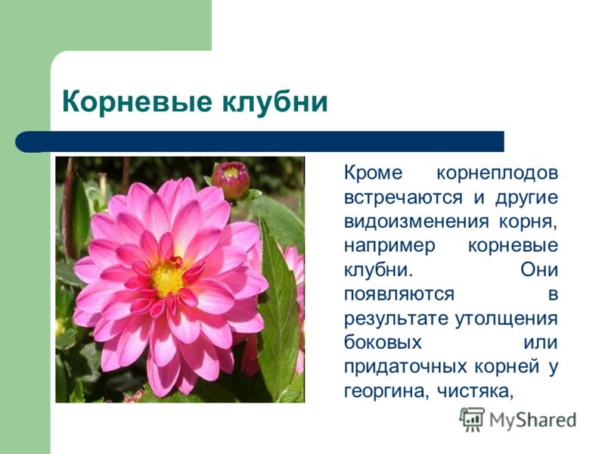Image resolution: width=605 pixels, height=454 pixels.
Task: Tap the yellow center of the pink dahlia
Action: pos(167,278)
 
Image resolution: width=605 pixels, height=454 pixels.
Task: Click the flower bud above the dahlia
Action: pos(230,180)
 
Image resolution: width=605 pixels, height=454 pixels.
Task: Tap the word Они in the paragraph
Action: pos(539,271)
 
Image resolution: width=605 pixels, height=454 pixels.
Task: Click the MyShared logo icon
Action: pos(472,418)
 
